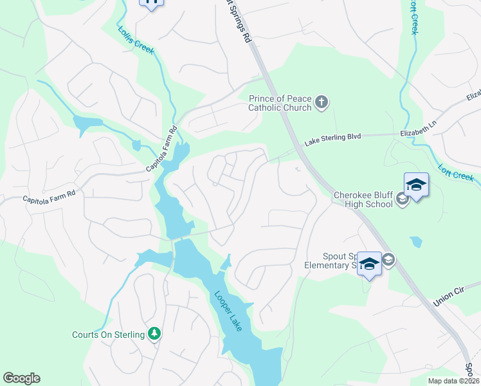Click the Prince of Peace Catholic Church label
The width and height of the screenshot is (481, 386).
coord(280,103)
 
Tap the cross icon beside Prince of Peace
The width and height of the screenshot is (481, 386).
coord(322,102)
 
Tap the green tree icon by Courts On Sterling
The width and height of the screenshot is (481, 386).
coord(154,333)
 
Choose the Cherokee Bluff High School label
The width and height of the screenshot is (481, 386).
coord(363,199)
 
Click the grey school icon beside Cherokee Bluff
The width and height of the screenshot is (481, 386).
coord(403,198)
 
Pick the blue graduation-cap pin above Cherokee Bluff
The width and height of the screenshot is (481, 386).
coord(416,185)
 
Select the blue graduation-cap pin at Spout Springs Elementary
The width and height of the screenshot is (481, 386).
coord(369,264)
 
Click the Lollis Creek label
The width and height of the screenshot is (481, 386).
coord(136,40)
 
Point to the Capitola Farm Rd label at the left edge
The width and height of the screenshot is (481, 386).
coord(49,194)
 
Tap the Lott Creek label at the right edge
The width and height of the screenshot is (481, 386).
coord(457,171)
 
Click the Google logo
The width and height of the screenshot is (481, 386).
coord(21,378)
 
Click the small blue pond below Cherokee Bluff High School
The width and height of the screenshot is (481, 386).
coord(417,242)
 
